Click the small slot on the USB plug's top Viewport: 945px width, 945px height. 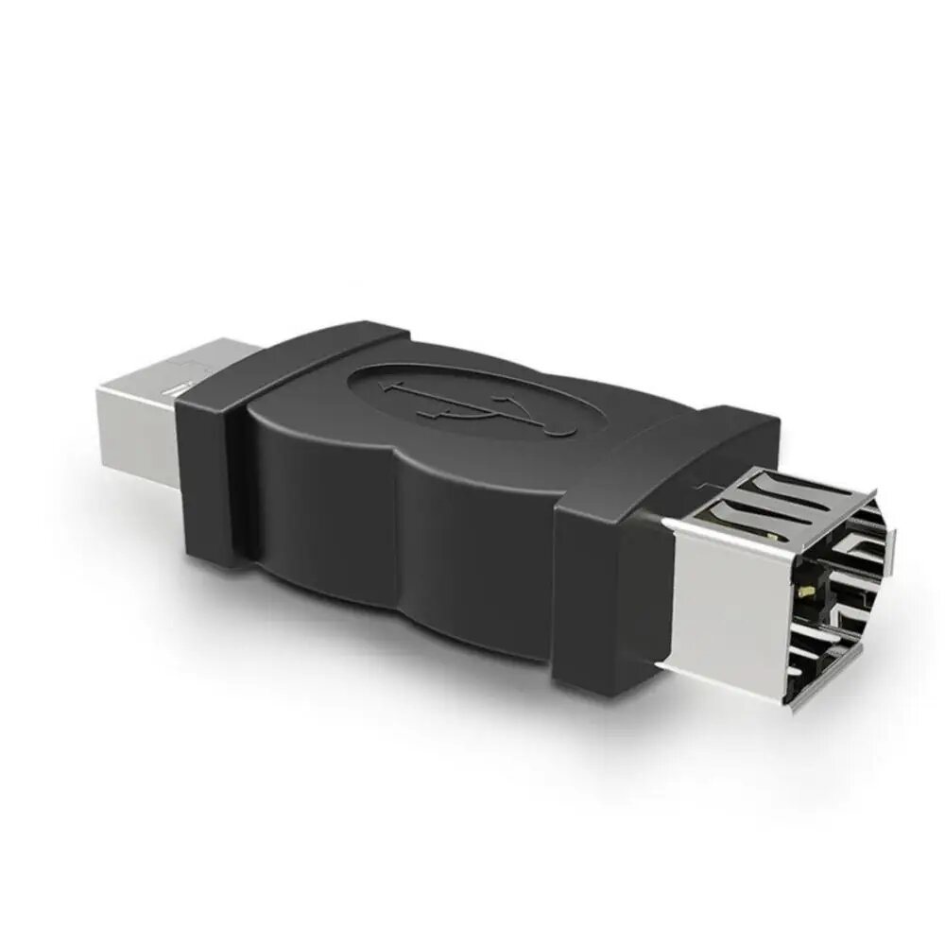coord(175,387)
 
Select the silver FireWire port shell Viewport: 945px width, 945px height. coord(756,586)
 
